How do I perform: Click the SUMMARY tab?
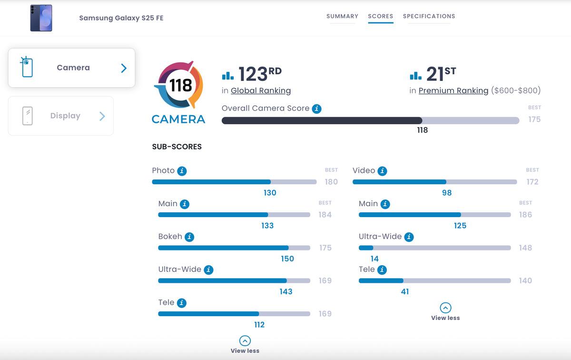[x=342, y=16]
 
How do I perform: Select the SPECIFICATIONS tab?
[x=429, y=16]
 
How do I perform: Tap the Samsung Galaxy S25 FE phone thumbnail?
[x=41, y=18]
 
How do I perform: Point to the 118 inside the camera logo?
[x=181, y=85]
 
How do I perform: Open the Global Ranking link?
[x=261, y=90]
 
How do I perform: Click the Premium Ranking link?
[x=453, y=90]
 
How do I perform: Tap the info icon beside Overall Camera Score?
[x=316, y=109]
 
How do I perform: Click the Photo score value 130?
[x=270, y=193]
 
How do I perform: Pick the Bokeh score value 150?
[x=287, y=259]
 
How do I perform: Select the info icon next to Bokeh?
[x=189, y=237]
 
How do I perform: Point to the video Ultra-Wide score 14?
[x=374, y=259]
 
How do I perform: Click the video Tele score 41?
[x=405, y=291]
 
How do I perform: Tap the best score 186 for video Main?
[x=525, y=215]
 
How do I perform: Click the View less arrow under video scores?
[x=445, y=308]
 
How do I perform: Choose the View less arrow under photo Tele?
[x=245, y=340]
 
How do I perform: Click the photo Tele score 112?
[x=259, y=324]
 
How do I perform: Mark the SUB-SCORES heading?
[x=177, y=147]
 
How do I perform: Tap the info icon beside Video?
[x=383, y=171]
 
